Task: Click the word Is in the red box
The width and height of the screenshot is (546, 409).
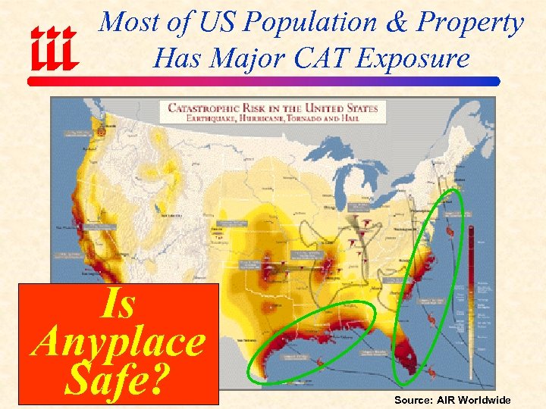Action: (x=118, y=304)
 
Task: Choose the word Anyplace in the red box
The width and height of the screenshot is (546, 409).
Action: (x=118, y=343)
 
